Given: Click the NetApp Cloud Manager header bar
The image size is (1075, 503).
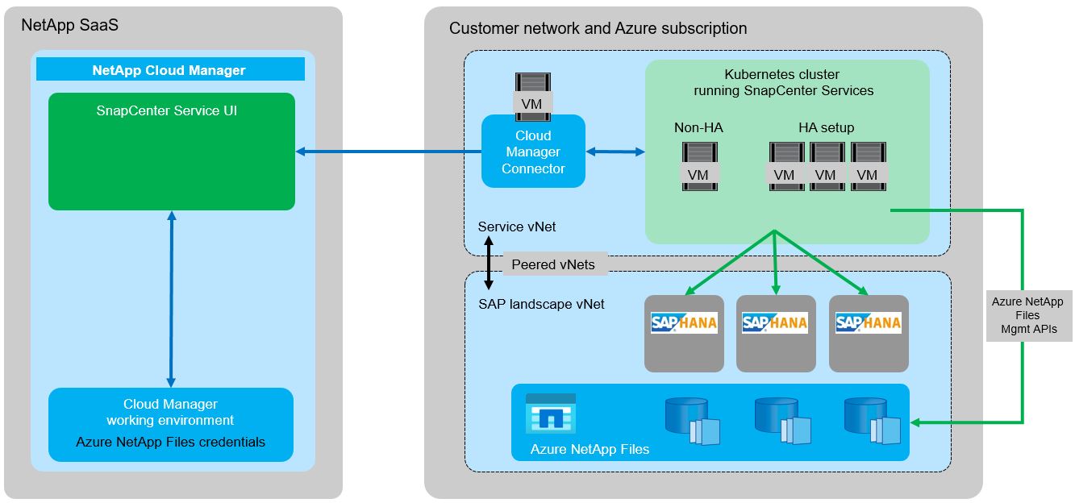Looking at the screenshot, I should click(x=169, y=70).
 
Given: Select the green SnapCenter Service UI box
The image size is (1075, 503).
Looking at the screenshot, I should click(x=171, y=152).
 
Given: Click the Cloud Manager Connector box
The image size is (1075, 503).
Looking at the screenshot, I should click(x=533, y=152).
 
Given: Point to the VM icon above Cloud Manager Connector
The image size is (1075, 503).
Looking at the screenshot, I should click(x=532, y=94).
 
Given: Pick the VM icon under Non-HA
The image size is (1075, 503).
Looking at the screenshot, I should click(x=698, y=167).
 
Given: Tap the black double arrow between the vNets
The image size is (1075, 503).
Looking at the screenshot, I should click(x=489, y=264).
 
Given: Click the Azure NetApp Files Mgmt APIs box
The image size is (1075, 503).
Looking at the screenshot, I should click(x=1027, y=315).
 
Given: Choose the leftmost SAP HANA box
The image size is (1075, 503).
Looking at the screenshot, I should click(x=684, y=333).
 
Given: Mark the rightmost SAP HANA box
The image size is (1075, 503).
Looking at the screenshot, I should click(x=869, y=333).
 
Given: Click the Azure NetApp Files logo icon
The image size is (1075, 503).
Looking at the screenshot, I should click(x=551, y=414).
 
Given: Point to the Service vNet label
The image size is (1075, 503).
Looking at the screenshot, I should click(x=517, y=227).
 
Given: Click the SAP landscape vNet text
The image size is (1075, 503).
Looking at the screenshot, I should click(x=541, y=305).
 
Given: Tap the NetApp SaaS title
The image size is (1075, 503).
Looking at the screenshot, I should click(x=70, y=25).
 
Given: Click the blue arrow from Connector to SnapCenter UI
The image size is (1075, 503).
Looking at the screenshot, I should click(x=388, y=152).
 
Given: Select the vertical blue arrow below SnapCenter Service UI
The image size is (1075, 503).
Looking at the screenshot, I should click(x=171, y=298).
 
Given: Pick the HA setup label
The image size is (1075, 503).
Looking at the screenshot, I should click(x=826, y=127).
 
